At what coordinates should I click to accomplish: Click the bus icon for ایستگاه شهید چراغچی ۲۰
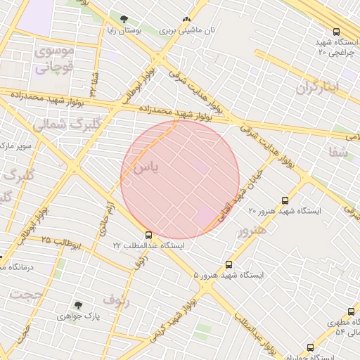(x=336, y=32)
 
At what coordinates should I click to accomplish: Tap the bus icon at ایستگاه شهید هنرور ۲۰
(x=285, y=200)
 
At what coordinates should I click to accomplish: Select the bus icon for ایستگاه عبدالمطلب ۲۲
(x=148, y=235)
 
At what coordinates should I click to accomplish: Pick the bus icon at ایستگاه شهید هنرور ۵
(x=229, y=265)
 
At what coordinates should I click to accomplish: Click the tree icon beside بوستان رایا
(x=124, y=20)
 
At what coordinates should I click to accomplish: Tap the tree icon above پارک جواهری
(x=78, y=305)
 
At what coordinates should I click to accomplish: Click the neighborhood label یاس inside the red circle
(x=146, y=168)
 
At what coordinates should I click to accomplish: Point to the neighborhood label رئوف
(x=116, y=300)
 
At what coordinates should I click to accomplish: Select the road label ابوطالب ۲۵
(x=60, y=243)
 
